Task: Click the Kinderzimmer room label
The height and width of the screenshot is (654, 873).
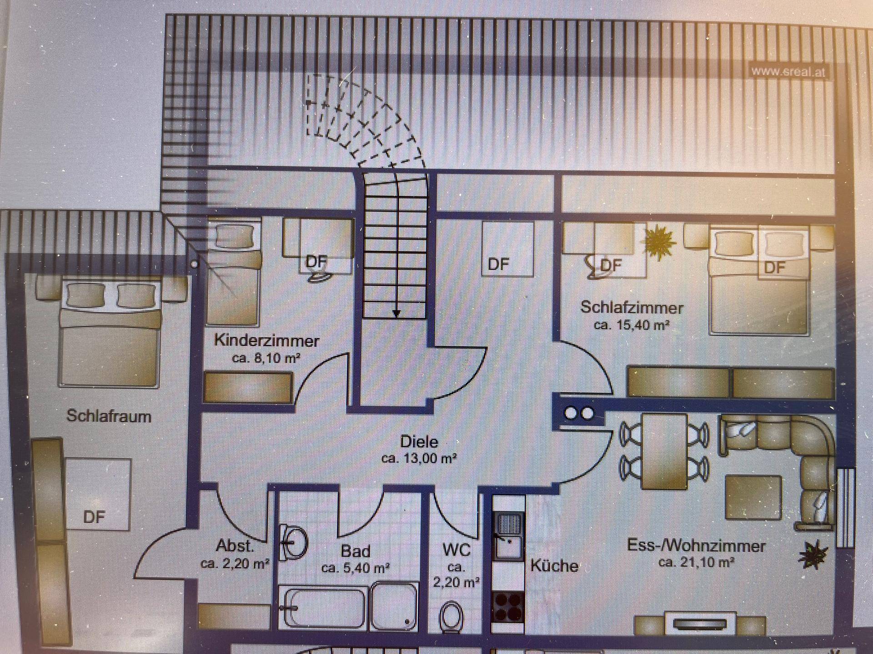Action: click(266, 341)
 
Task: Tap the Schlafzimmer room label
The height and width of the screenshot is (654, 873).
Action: click(632, 308)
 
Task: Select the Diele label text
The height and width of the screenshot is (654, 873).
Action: click(419, 441)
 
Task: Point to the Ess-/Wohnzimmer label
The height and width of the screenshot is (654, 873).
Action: click(696, 545)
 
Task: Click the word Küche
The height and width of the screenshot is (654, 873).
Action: click(554, 566)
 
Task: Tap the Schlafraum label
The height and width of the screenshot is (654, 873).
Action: click(109, 416)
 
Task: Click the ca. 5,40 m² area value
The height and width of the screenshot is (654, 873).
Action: click(356, 568)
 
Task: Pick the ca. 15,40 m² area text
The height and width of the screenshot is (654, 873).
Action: click(632, 325)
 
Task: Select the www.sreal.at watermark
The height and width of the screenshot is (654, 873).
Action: click(788, 72)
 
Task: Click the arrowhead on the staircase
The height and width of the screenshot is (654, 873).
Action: click(396, 313)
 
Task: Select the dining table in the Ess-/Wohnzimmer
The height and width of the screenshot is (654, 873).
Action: click(664, 451)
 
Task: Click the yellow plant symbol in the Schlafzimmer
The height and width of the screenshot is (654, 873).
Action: click(661, 243)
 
